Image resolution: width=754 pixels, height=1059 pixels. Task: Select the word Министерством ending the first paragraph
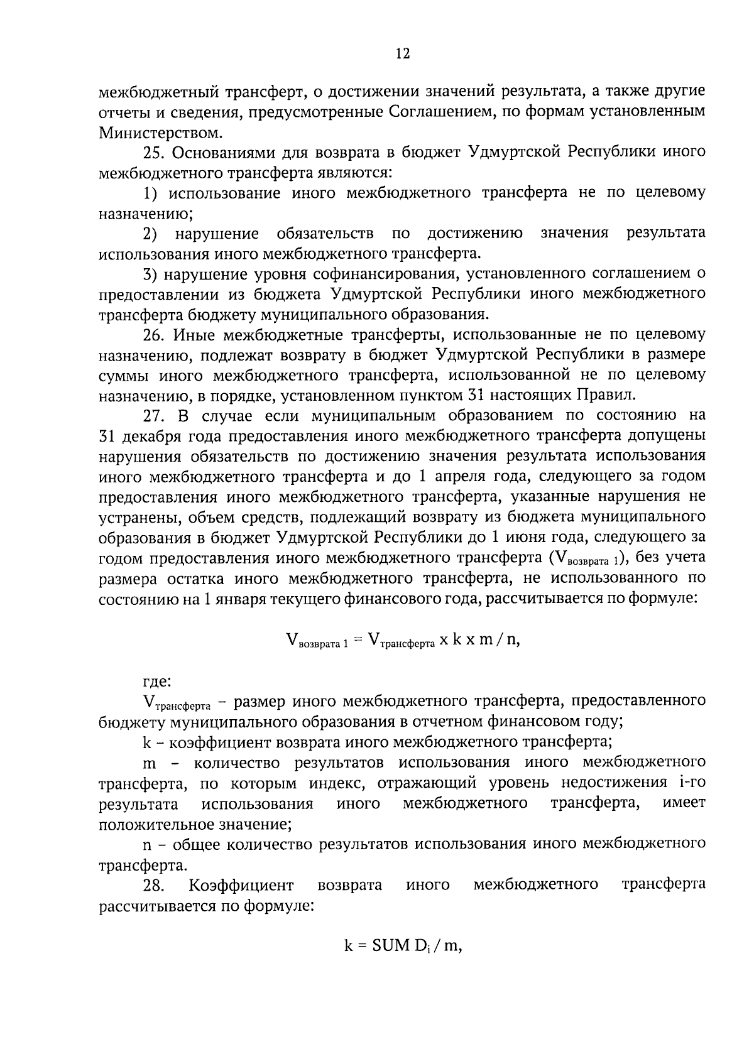pyautogui.click(x=160, y=133)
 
